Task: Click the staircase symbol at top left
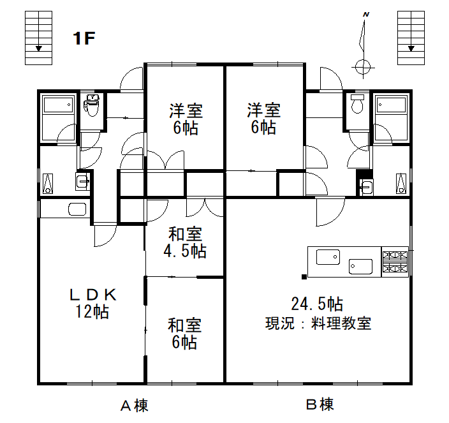38,38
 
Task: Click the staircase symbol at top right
411,38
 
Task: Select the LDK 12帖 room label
92,303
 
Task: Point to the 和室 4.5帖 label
185,242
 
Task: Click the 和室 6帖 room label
185,334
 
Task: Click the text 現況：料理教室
318,323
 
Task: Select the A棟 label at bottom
135,405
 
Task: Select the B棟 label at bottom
319,404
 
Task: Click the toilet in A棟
92,106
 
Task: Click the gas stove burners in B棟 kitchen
395,262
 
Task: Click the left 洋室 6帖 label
185,119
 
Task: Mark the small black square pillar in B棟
304,276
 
